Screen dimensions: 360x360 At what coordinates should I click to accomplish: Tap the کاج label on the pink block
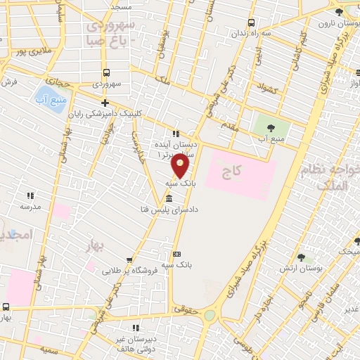231,171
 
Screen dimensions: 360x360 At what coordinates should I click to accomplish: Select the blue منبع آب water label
51,98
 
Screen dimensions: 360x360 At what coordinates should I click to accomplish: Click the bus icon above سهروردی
106,72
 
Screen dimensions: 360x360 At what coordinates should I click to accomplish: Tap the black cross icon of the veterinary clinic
105,103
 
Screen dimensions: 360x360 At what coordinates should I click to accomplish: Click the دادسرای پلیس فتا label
176,210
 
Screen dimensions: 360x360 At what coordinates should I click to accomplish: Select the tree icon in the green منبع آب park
271,127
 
